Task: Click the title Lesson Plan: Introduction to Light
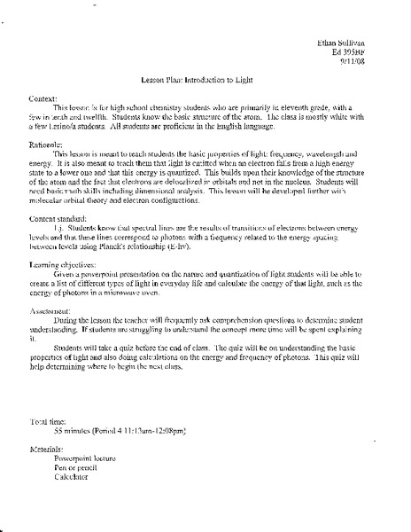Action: click(x=205, y=81)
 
